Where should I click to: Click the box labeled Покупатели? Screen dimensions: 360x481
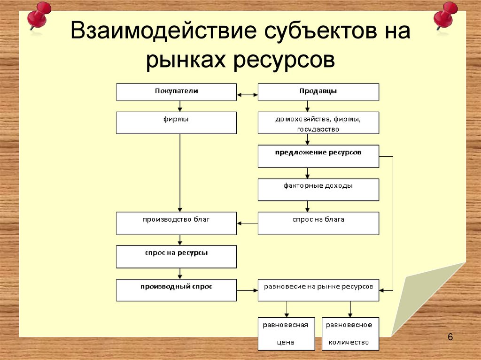(176, 92)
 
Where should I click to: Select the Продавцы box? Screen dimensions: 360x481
(318, 92)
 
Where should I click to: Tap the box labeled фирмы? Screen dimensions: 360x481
(176, 123)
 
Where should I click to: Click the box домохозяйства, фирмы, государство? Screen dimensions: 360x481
(318, 123)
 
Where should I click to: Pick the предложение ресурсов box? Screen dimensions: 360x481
(318, 156)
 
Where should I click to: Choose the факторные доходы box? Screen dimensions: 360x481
(318, 190)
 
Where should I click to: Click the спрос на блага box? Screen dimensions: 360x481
(318, 223)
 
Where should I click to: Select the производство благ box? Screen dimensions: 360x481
(176, 223)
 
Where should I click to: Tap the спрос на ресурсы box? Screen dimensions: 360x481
(176, 256)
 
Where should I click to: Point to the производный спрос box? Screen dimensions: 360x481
(176, 290)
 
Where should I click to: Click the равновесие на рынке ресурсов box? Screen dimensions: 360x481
(318, 290)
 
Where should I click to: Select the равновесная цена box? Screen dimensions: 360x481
(286, 333)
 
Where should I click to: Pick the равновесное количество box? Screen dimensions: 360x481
(350, 333)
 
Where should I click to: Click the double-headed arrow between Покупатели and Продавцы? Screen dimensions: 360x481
(248, 95)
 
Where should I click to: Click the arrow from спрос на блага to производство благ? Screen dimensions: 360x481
(248, 223)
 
